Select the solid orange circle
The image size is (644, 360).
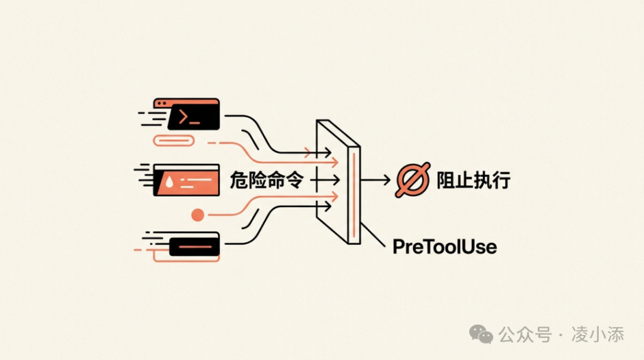[x=197, y=215]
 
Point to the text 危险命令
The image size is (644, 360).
[x=267, y=181]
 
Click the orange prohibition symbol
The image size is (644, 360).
[x=413, y=180]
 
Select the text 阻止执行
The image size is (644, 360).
[x=473, y=181]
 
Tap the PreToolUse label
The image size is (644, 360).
[x=445, y=246]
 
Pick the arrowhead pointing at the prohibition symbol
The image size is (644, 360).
[x=387, y=181]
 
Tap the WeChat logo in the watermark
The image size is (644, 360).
[x=482, y=333]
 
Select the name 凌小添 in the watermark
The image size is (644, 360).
[x=597, y=334]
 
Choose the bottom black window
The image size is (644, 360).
[x=194, y=244]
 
